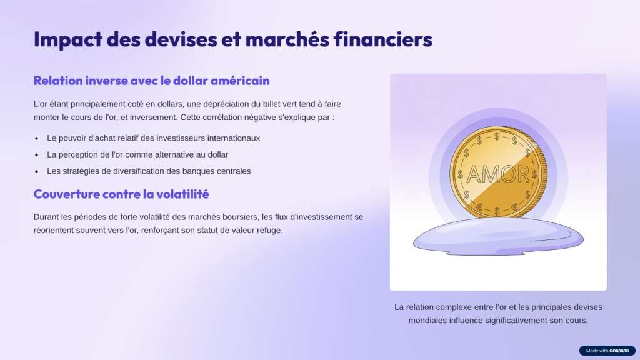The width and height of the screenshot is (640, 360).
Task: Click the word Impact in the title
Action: pos(67,39)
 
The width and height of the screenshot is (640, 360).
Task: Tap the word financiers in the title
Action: pos(383,39)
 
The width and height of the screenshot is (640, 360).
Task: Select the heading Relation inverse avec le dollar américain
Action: pos(151,81)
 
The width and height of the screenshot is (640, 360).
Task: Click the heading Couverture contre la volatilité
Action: pos(121,194)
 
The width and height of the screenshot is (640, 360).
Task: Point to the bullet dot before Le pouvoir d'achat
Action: pos(37,139)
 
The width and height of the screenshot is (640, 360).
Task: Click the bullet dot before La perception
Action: pos(37,155)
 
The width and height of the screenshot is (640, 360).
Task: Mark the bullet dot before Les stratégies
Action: pos(37,172)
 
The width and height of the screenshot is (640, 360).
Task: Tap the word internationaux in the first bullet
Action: pos(234,138)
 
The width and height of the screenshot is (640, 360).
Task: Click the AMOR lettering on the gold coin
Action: pos(497,175)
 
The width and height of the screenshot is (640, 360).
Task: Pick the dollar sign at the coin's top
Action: pos(497,136)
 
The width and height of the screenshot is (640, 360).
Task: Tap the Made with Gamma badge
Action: pos(607,351)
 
